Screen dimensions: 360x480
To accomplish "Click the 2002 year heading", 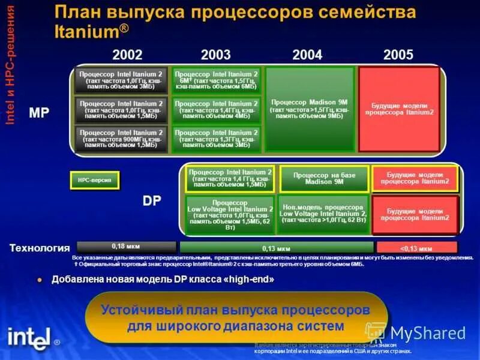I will [x=127, y=55].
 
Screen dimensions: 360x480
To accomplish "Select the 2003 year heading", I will [x=216, y=55].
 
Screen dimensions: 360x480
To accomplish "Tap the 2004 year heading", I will [x=307, y=55].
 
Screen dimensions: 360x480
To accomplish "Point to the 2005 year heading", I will [x=398, y=55].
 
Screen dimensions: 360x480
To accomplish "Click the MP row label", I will [x=39, y=112].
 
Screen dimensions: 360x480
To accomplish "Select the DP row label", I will [x=152, y=201].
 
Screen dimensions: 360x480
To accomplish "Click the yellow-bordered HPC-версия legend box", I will [x=95, y=180].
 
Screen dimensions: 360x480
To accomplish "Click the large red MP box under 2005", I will [x=399, y=109].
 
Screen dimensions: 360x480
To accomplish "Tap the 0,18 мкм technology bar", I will [x=127, y=247].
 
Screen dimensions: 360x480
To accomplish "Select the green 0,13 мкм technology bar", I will [x=276, y=247].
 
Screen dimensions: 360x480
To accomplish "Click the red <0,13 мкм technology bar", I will [x=416, y=247].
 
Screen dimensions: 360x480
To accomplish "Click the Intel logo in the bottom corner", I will [x=29, y=337].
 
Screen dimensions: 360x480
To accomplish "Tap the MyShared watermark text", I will [x=427, y=334].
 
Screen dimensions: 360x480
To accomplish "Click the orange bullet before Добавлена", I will [x=40, y=280].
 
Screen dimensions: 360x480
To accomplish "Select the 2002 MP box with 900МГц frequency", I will [x=121, y=139].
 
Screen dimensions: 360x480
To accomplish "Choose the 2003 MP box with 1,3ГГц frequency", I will [x=216, y=139].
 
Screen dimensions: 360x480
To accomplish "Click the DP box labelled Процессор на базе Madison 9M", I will [x=324, y=178].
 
